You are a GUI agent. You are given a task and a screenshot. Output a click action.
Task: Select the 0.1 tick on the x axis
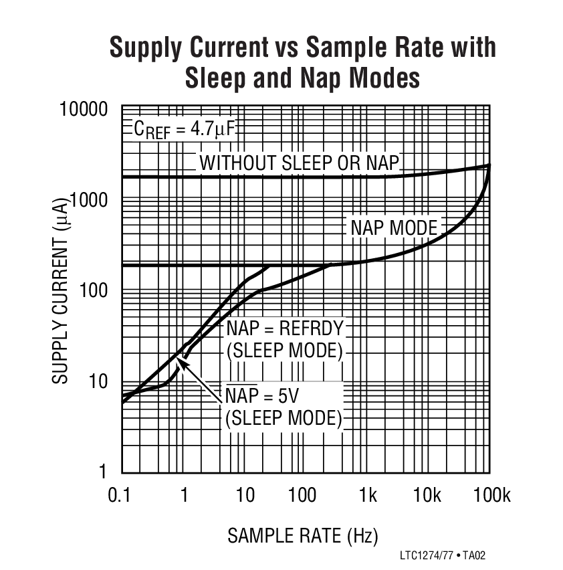[x=121, y=495]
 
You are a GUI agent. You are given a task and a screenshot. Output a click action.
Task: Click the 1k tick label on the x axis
[x=367, y=495]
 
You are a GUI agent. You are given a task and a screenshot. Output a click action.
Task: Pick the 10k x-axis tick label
[x=427, y=495]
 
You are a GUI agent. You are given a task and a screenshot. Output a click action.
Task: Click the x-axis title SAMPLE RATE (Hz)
[x=302, y=535]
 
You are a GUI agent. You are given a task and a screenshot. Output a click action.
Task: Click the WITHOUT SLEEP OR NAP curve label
[x=300, y=163]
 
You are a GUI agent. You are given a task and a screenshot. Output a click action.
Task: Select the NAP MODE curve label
[x=394, y=228]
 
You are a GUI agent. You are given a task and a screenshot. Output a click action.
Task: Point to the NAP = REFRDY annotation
[x=284, y=328]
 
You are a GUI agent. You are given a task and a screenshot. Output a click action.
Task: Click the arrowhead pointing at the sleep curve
[x=181, y=362]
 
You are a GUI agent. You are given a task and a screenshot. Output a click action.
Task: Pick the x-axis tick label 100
[x=303, y=495]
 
